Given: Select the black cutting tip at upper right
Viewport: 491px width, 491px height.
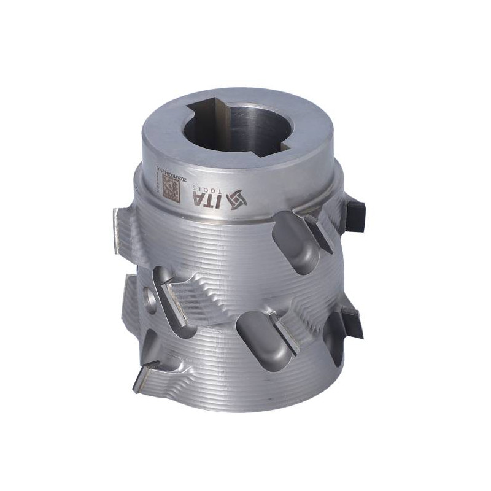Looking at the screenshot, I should click(355, 212).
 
